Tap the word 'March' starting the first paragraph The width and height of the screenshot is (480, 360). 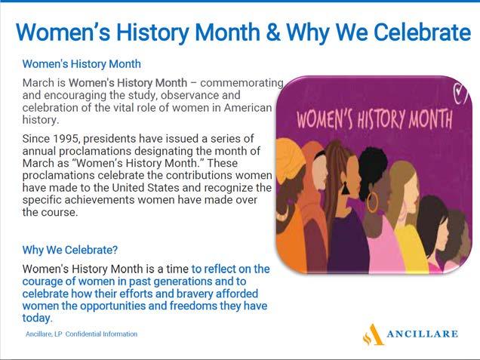pyautogui.click(x=37, y=82)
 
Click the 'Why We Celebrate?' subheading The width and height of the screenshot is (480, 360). pyautogui.click(x=69, y=249)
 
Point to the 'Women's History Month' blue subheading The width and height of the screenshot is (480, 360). pyautogui.click(x=82, y=64)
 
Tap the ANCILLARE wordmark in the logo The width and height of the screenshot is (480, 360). pyautogui.click(x=423, y=334)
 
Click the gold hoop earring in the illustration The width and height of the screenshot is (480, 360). pyautogui.click(x=372, y=202)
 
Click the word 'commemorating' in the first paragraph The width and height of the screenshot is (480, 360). pyautogui.click(x=242, y=82)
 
